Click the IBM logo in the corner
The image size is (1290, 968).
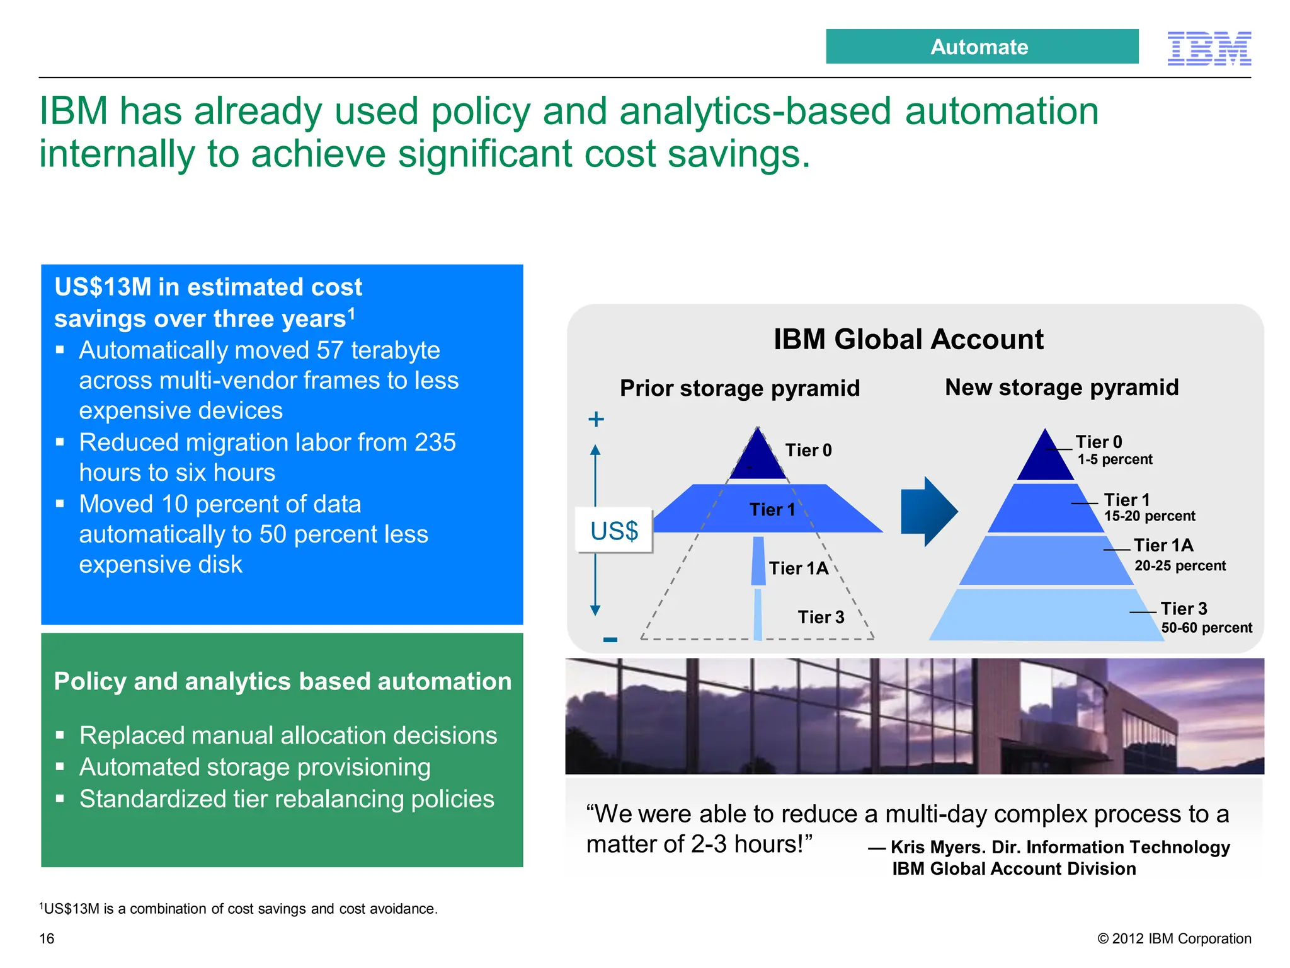[x=1209, y=48]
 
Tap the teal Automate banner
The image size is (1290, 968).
[x=981, y=47]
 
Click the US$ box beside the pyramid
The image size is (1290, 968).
[x=614, y=531]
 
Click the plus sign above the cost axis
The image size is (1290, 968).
[x=596, y=419]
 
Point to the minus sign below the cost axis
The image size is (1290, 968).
[x=610, y=640]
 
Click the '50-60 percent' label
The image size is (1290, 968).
[x=1206, y=628]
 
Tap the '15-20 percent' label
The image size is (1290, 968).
[x=1149, y=516]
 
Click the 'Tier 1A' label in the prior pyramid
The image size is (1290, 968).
[x=798, y=568]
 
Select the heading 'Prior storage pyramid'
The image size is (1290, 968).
[x=739, y=388]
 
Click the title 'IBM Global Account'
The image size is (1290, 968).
[x=908, y=339]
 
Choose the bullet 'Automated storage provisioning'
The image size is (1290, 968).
[x=254, y=767]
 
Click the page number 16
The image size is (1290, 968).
[x=47, y=938]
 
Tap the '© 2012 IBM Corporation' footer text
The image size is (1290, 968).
[x=1173, y=938]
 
